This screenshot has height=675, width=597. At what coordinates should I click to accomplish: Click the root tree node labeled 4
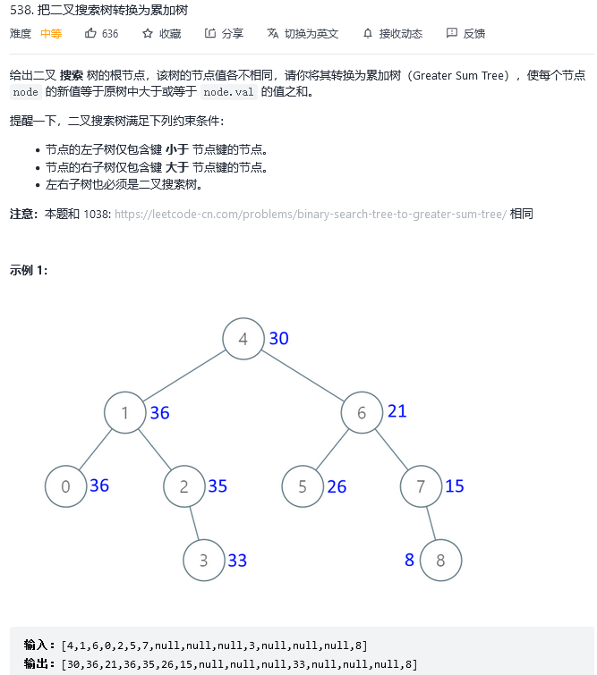pos(243,339)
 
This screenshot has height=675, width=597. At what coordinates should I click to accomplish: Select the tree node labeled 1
pos(125,413)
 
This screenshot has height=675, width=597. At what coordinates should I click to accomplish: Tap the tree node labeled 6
pos(362,413)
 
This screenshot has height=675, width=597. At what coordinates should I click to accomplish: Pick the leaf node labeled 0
pos(66,487)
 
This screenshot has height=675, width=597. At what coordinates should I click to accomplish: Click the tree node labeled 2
pos(184,487)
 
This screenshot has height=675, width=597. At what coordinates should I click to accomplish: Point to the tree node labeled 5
pos(303,487)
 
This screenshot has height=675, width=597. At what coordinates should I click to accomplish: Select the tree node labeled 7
pos(421,487)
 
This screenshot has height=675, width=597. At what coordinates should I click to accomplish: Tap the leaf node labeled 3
pos(204,561)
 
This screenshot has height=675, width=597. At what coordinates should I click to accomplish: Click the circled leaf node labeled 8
pos(440,561)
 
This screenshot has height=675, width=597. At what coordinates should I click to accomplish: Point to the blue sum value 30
pos(278,339)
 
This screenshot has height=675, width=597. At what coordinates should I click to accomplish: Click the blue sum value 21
pos(397,411)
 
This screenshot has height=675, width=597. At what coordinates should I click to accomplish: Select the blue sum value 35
pos(217,486)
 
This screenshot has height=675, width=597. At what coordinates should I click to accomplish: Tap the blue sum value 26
pos(337,487)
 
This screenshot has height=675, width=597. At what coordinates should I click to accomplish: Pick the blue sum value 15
pos(455,486)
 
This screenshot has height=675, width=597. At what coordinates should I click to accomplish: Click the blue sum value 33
pos(237,561)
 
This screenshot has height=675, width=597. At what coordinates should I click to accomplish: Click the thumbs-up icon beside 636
pos(90,33)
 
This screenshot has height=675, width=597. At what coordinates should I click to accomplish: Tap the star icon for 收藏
pos(148,33)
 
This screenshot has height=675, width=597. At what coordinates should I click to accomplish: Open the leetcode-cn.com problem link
pos(311,215)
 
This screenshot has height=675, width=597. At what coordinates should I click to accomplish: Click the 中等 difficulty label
pos(51,34)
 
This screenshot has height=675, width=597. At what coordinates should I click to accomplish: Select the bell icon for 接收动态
pos(367,33)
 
